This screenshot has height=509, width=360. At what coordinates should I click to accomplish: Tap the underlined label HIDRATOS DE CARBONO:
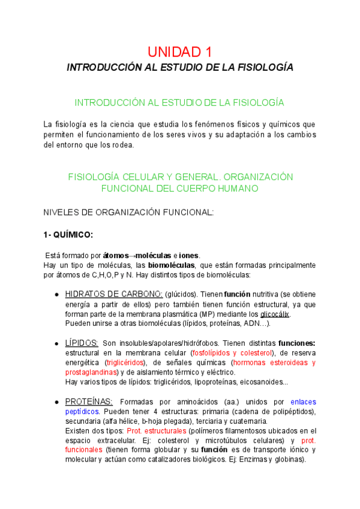113,294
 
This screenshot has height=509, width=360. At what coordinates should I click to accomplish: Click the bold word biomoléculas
172,265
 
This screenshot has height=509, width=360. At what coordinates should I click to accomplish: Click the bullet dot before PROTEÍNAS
56,402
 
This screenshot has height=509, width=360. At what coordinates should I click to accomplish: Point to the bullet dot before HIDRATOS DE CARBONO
56,295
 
